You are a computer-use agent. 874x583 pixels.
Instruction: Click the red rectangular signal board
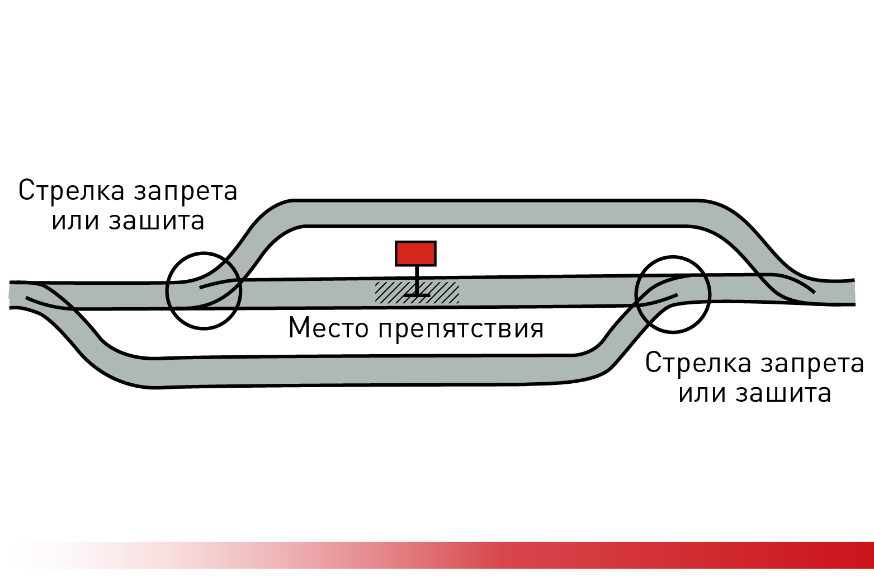click(x=415, y=253)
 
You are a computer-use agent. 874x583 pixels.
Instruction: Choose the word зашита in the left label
click(x=157, y=220)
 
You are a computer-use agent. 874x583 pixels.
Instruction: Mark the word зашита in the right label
click(x=783, y=393)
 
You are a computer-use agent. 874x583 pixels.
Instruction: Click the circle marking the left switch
click(x=168, y=291)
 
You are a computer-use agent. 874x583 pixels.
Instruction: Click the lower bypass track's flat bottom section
click(x=363, y=371)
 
